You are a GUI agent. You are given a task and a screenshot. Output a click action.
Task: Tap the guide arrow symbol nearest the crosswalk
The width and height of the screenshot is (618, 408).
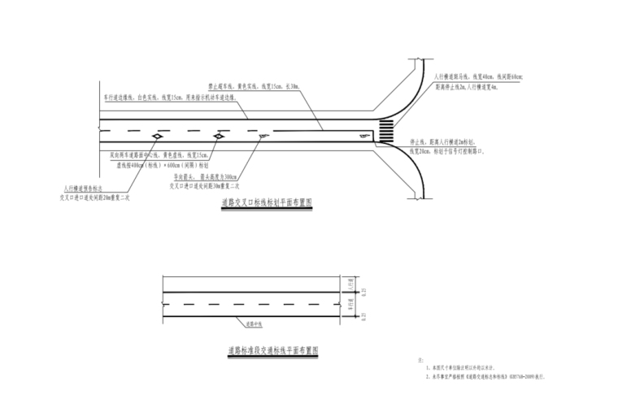(x=261, y=137)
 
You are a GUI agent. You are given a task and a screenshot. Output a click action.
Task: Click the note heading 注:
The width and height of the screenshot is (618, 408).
(x=420, y=359)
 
